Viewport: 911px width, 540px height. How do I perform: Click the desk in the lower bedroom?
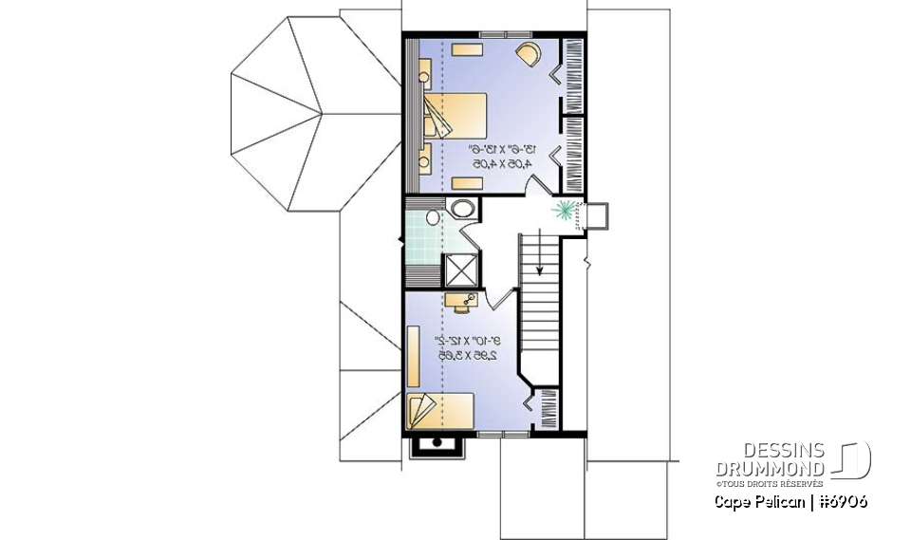463,303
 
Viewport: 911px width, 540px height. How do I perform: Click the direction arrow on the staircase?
539,255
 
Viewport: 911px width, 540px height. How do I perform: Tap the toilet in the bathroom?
432,218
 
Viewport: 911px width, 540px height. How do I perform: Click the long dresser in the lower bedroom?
414,355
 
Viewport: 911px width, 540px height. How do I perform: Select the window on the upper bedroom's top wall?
493,35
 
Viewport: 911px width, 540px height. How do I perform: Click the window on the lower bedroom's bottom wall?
503,434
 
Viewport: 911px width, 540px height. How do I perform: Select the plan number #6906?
840,501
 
